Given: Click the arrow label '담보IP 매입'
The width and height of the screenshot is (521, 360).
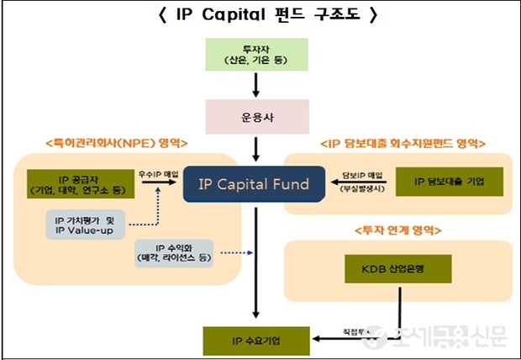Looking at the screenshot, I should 362,174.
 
